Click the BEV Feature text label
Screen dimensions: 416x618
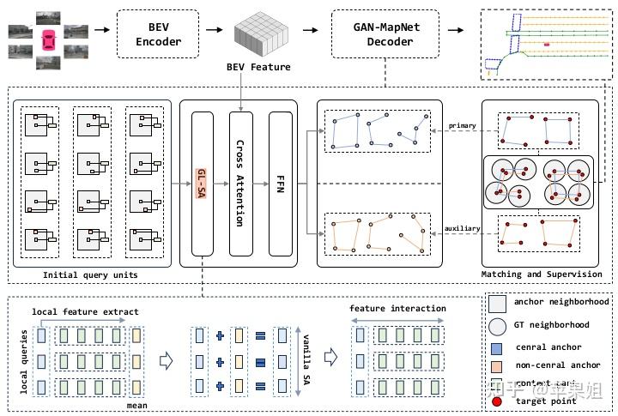click(258, 67)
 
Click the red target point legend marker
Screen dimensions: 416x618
click(497, 401)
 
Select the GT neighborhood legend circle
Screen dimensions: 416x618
click(497, 325)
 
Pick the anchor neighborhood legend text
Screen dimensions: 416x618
click(561, 302)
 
